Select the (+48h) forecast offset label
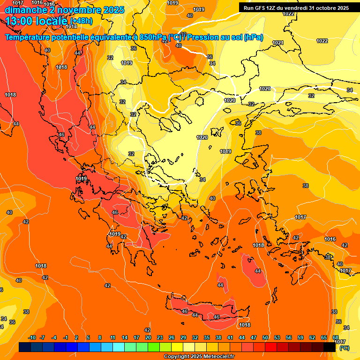point(81,21)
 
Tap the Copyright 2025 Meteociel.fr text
point(199,357)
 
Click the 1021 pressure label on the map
point(278,43)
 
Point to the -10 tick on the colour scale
point(32,337)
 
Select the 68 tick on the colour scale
point(336,337)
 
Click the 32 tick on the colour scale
point(195,337)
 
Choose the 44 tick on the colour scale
point(242,337)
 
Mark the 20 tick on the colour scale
point(148,337)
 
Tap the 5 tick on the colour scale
point(88,337)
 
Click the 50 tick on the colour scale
point(265,337)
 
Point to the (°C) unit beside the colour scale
point(344,347)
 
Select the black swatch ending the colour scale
point(330,347)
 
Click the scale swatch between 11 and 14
point(119,347)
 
